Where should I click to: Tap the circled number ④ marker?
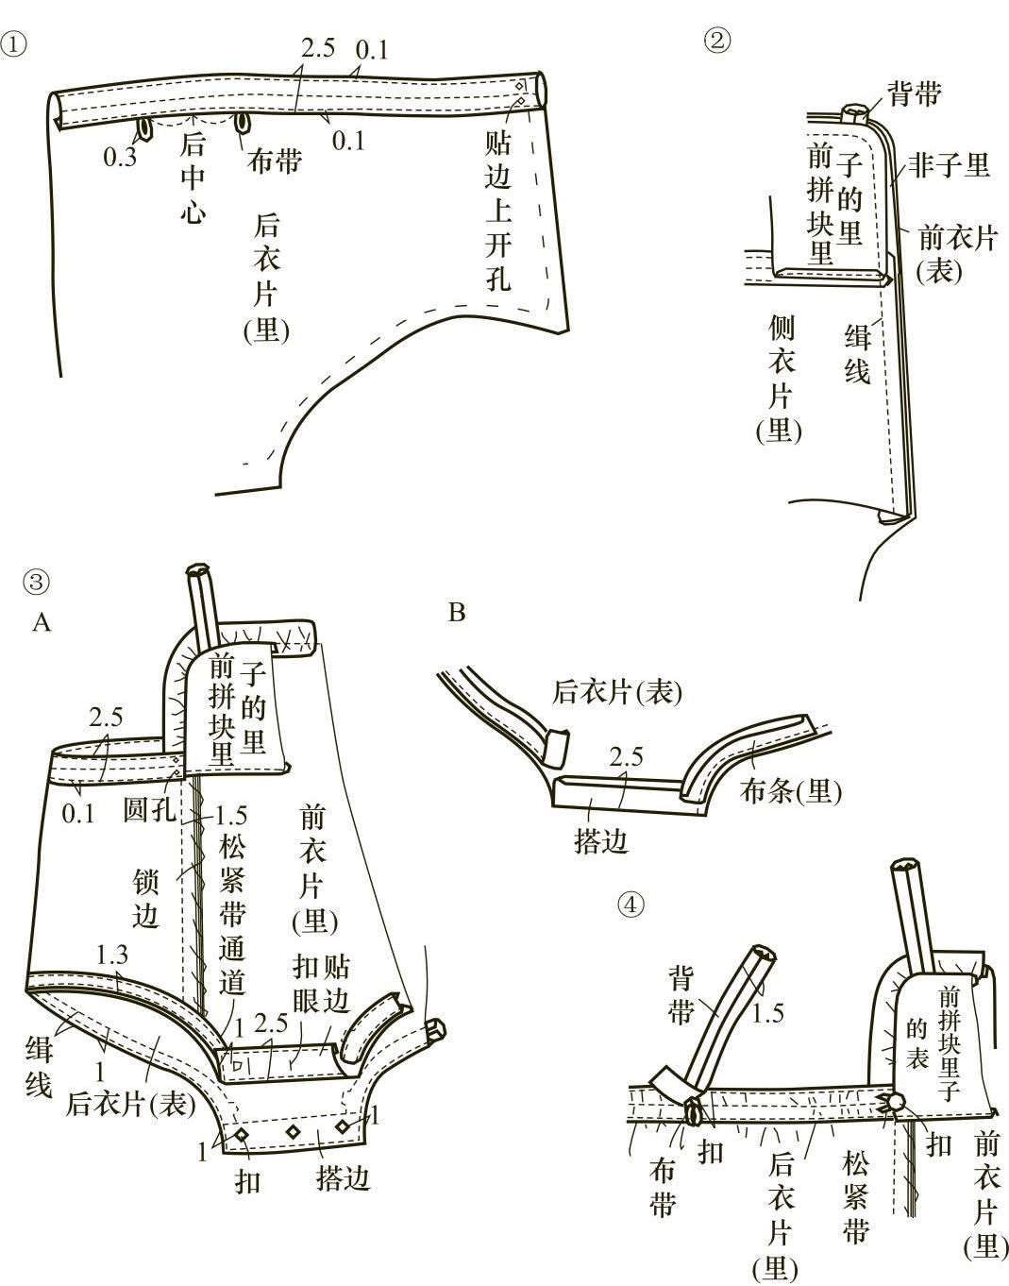631,905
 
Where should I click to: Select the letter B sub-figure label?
457,613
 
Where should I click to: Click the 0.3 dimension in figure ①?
120,158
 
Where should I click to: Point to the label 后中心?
193,179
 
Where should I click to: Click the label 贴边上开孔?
497,211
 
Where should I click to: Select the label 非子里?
950,166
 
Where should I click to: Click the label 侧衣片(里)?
781,379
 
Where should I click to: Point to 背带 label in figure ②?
915,93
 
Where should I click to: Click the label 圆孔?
146,809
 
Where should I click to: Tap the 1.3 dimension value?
111,955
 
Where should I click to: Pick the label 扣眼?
306,982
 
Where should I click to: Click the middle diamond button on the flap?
293,1130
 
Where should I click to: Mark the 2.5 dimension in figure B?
626,757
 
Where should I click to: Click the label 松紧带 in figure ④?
856,1196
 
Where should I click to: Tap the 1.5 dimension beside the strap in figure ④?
767,1012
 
